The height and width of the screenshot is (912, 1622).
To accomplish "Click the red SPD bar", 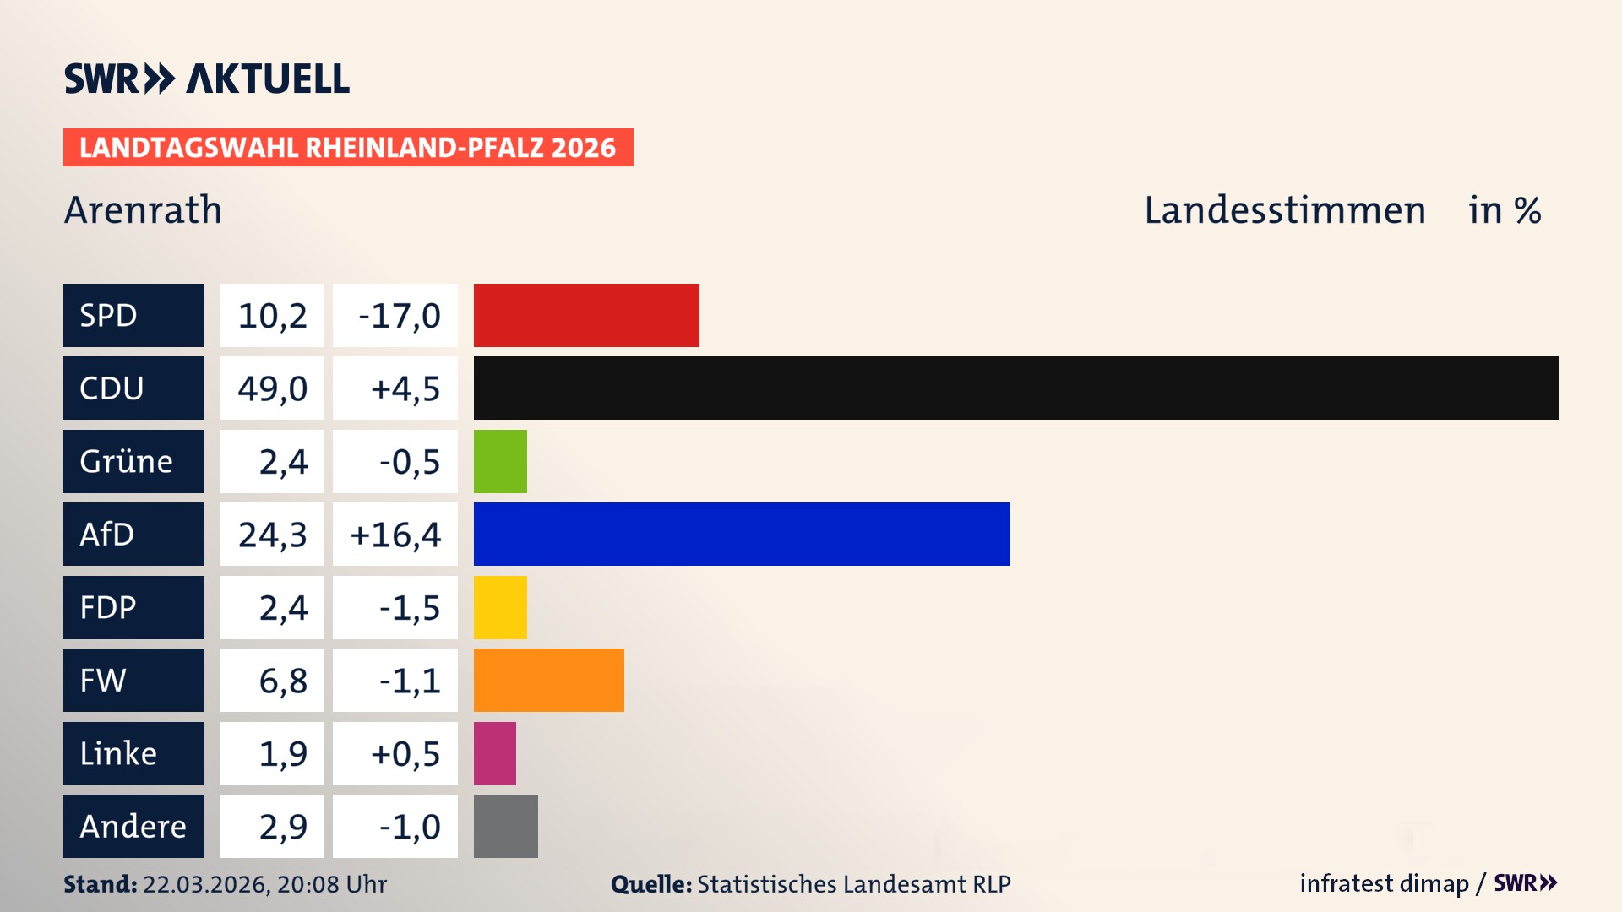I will click(x=586, y=315).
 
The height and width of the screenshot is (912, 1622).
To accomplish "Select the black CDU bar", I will click(x=1015, y=388).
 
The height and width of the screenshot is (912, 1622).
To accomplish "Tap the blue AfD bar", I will click(x=742, y=534).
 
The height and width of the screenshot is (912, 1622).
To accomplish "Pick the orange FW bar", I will click(x=548, y=680).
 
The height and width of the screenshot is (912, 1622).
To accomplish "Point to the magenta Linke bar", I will click(x=495, y=753).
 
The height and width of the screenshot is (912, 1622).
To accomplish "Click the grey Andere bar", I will click(x=505, y=826).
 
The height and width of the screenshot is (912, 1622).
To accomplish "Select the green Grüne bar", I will click(x=500, y=461).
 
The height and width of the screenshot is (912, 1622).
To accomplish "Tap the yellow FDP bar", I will click(x=500, y=607).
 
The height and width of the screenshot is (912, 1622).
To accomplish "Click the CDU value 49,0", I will click(x=272, y=388).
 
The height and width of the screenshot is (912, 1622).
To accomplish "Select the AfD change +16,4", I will click(x=395, y=535).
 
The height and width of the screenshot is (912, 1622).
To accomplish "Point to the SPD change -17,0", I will click(x=399, y=316).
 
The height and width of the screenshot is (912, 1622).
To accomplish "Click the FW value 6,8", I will click(x=283, y=681).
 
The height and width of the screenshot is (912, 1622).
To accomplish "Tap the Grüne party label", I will click(x=127, y=461).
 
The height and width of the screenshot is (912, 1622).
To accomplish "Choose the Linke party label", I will click(x=118, y=753).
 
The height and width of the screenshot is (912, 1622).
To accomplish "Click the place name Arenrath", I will click(x=143, y=209).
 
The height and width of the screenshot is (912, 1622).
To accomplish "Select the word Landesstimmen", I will click(x=1284, y=209).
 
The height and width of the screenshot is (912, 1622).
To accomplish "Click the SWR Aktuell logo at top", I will click(x=207, y=79).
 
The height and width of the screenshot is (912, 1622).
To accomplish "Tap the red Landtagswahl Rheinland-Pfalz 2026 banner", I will click(x=348, y=148).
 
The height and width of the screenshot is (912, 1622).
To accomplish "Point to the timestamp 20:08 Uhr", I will click(x=331, y=884).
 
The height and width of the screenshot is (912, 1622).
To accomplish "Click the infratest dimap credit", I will click(x=1384, y=883).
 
